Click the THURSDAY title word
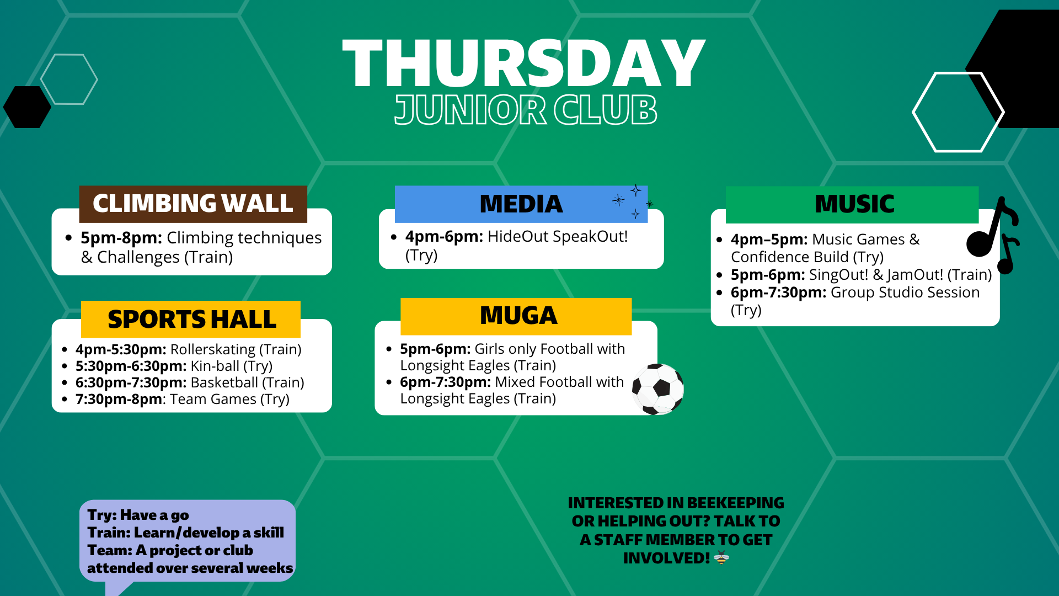pyautogui.click(x=523, y=64)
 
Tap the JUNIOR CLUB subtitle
pyautogui.click(x=526, y=110)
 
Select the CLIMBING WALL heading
pyautogui.click(x=193, y=204)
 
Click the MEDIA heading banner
pyautogui.click(x=521, y=204)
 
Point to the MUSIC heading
pyautogui.click(x=854, y=204)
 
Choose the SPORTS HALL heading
pyautogui.click(x=191, y=320)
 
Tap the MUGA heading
pyautogui.click(x=518, y=316)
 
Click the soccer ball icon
pyautogui.click(x=657, y=389)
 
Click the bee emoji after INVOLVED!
pyautogui.click(x=721, y=558)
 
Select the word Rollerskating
pyautogui.click(x=213, y=349)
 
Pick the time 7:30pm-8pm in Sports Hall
pyautogui.click(x=119, y=399)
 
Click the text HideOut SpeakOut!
pyautogui.click(x=558, y=236)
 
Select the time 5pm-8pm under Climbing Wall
pyautogui.click(x=121, y=238)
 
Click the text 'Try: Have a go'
pyautogui.click(x=138, y=515)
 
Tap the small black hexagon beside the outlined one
pyautogui.click(x=26, y=107)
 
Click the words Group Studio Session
pyautogui.click(x=905, y=292)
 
